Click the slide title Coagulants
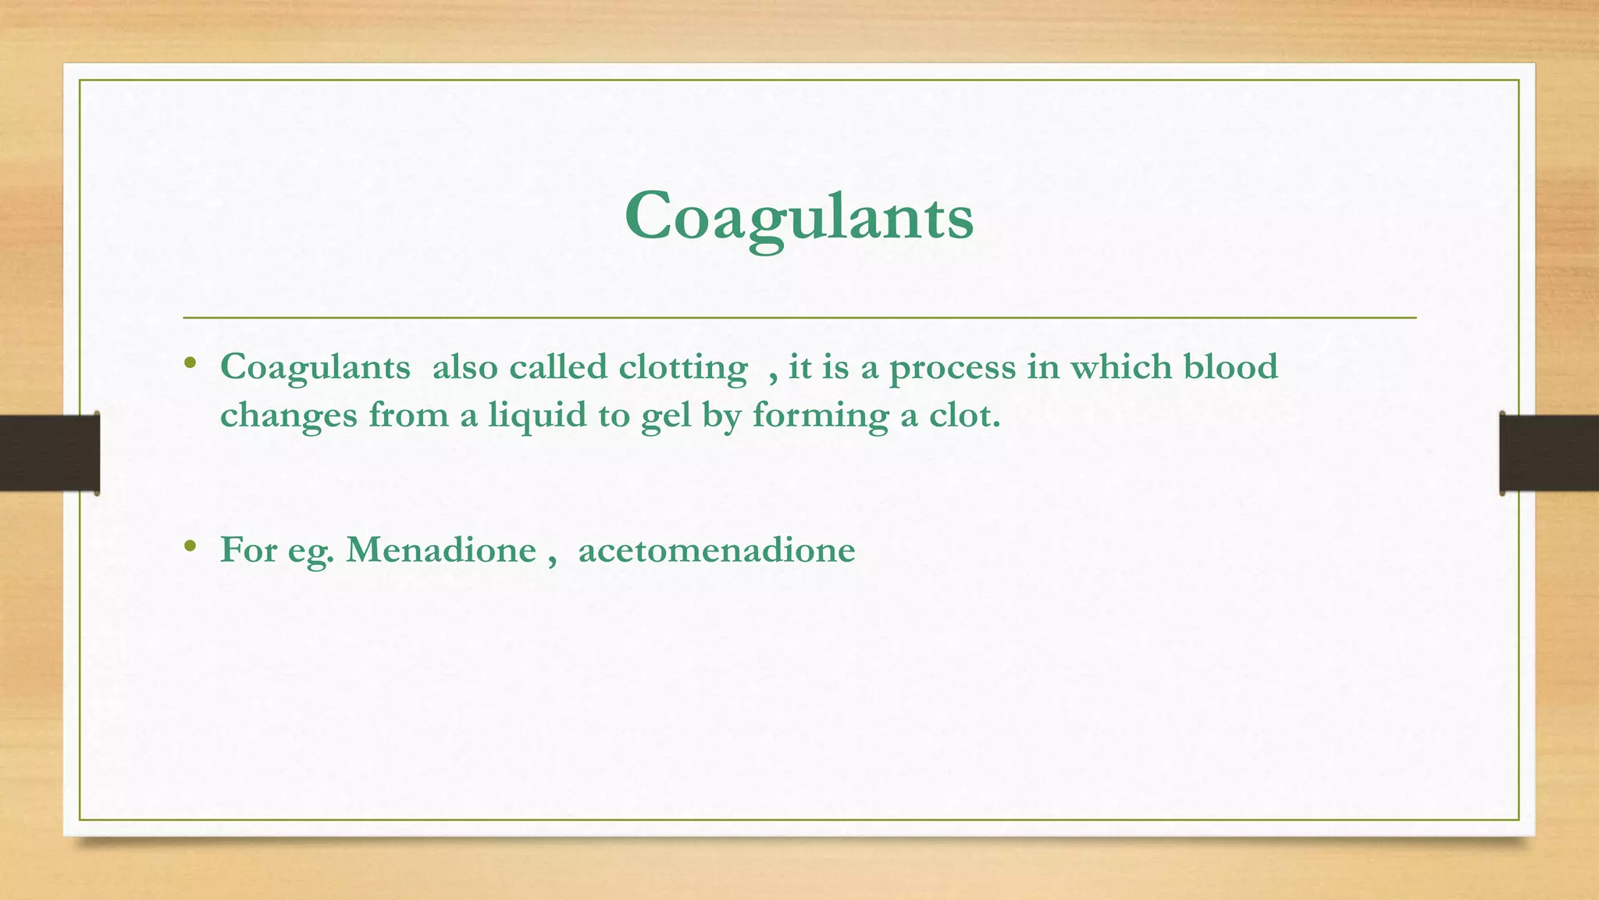tap(799, 216)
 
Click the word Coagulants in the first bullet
tap(315, 367)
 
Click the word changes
tap(289, 416)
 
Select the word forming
tap(821, 416)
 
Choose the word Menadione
tap(441, 550)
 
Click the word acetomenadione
tap(717, 550)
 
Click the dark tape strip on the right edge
tap(1549, 453)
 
